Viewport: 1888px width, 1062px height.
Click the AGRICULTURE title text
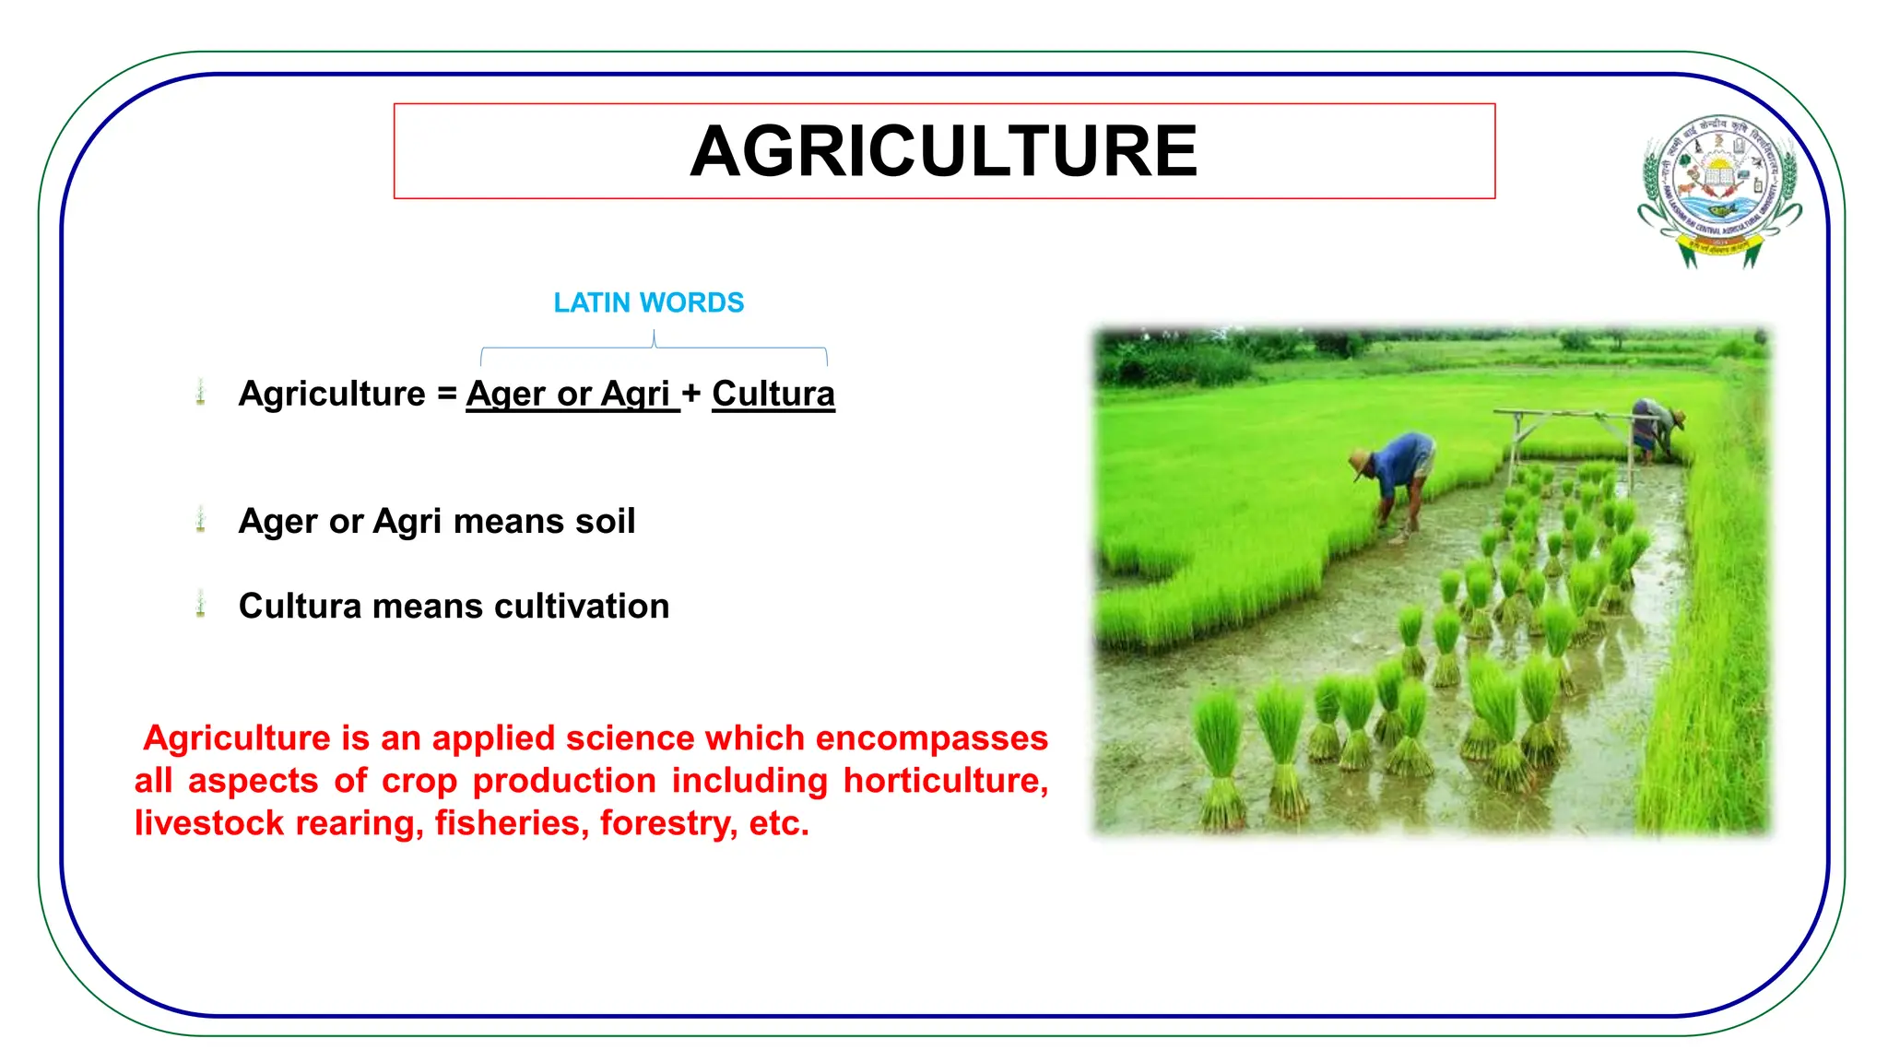click(x=943, y=152)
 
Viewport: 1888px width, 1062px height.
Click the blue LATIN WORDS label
click(x=648, y=303)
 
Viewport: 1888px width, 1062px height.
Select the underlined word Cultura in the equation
click(x=773, y=394)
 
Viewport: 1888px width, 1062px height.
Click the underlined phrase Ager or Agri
click(x=569, y=394)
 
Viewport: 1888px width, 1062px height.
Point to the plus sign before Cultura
click(x=691, y=395)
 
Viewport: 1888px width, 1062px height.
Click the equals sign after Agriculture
click(x=446, y=395)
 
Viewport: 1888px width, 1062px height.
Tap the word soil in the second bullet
click(x=605, y=522)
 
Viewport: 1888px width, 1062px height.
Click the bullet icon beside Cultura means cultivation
click(x=201, y=605)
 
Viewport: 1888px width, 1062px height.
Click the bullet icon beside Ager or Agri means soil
click(x=201, y=520)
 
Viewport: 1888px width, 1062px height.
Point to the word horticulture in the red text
click(x=944, y=781)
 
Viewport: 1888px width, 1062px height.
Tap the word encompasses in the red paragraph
click(x=931, y=738)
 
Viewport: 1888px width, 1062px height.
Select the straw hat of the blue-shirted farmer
click(x=1359, y=460)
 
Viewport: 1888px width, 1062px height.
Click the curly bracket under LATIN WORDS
click(x=654, y=348)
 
